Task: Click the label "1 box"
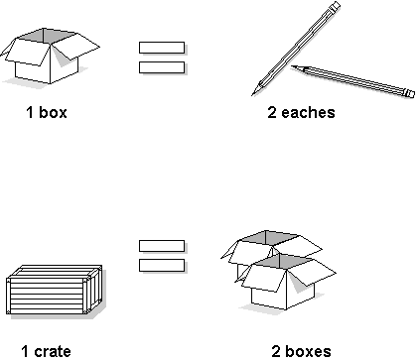(47, 112)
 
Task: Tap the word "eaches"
(310, 112)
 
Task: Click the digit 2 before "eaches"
(272, 112)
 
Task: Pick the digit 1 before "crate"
(25, 350)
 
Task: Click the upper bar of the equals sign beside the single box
(161, 47)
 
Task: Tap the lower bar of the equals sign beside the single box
(161, 66)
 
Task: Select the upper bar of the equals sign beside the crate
(161, 245)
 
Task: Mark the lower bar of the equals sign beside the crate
(161, 265)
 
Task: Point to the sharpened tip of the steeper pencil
(256, 88)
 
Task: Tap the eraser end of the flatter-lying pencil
(409, 94)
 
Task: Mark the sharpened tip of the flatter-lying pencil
(294, 67)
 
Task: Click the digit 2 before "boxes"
(275, 350)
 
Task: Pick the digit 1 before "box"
(30, 112)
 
